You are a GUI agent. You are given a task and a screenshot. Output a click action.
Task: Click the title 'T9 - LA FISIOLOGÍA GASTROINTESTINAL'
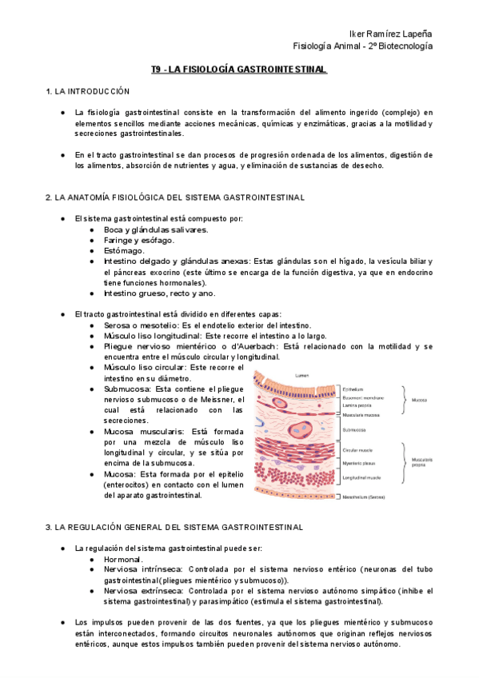click(239, 70)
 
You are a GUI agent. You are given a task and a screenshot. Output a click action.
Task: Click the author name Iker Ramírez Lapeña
click(391, 34)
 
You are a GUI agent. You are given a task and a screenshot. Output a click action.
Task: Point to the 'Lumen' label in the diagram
click(302, 375)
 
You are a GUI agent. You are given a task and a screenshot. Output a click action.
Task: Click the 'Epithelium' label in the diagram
click(353, 389)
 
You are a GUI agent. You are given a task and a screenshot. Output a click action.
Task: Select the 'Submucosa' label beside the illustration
click(355, 430)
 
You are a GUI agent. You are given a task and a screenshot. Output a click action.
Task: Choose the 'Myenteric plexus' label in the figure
click(358, 464)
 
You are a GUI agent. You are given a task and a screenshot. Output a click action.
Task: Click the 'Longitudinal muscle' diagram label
click(361, 477)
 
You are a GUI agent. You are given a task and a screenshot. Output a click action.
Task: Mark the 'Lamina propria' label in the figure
click(356, 405)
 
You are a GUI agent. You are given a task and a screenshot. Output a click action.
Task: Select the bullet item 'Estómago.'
click(124, 251)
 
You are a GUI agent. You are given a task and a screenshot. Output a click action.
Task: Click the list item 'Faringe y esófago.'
click(138, 240)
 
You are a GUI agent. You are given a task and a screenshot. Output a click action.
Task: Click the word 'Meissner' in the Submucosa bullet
click(222, 399)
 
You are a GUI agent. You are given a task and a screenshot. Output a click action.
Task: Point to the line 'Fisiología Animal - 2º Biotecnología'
click(363, 46)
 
